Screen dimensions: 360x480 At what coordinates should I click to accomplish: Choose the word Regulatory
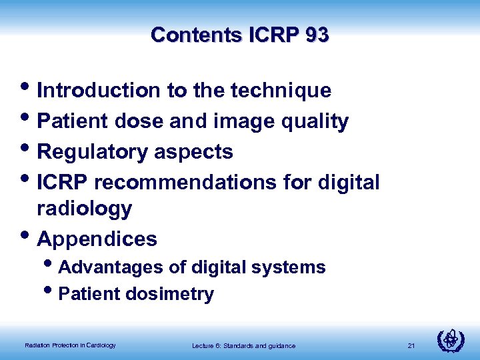93,152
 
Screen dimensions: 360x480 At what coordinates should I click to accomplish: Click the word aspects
194,152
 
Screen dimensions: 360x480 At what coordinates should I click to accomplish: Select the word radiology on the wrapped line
85,209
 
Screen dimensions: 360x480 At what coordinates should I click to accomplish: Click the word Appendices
97,239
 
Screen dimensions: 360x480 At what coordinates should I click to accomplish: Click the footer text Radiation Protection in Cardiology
70,345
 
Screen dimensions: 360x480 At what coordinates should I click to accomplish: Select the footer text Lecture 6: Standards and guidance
243,345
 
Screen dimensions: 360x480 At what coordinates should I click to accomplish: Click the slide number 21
411,345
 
